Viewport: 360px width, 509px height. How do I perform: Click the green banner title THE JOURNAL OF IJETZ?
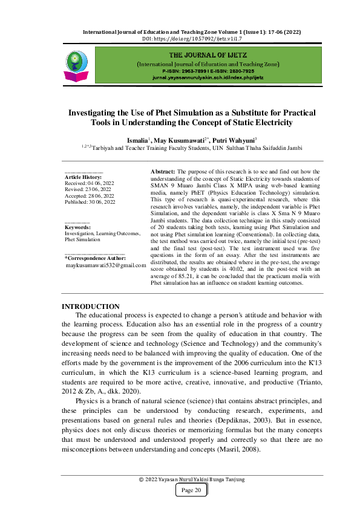click(208, 54)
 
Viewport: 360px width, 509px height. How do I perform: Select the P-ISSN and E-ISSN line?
click(208, 71)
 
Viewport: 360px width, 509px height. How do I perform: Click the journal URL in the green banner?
click(208, 79)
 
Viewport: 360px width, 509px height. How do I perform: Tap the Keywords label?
click(77, 227)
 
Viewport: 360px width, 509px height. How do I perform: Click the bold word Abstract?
click(163, 172)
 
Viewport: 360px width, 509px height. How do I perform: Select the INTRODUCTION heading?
click(91, 306)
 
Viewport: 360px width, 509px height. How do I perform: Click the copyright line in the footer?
click(192, 479)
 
